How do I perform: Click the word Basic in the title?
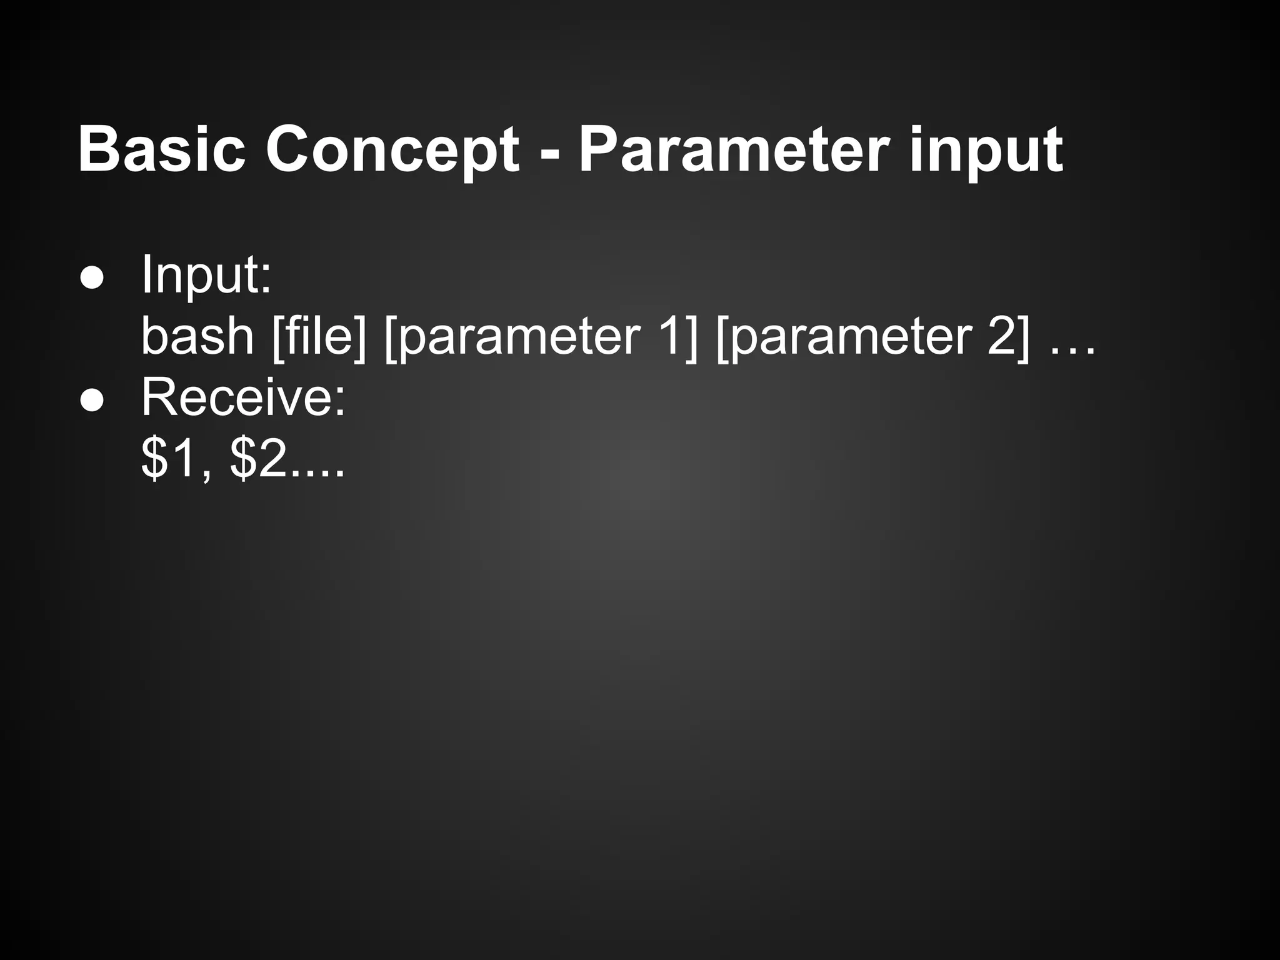click(x=161, y=150)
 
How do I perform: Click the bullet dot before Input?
click(x=92, y=279)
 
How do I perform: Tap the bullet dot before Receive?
click(x=92, y=402)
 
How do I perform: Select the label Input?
click(x=206, y=275)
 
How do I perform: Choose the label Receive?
click(x=243, y=397)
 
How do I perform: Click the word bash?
click(x=197, y=336)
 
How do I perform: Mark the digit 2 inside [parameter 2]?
click(x=1001, y=336)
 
